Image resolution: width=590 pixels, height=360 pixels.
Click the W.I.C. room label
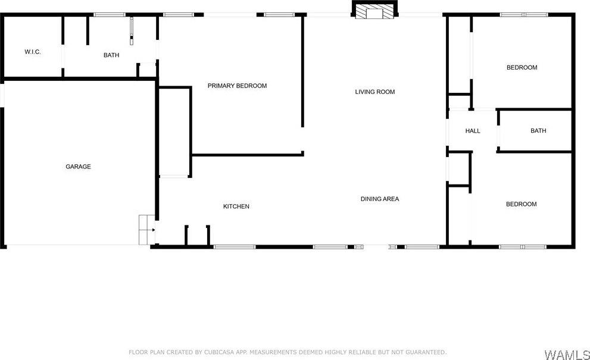(x=32, y=52)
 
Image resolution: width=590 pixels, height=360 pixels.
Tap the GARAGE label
(x=78, y=167)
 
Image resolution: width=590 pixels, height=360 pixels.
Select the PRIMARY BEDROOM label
(x=237, y=86)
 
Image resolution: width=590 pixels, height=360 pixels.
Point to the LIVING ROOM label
(x=375, y=92)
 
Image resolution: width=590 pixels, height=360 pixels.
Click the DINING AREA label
(x=379, y=199)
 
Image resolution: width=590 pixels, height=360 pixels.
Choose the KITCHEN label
(x=236, y=206)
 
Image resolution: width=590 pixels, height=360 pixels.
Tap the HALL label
(x=473, y=131)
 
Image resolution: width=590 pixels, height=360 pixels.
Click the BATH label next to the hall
(x=538, y=131)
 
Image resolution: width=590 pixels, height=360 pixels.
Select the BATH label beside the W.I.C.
(x=111, y=55)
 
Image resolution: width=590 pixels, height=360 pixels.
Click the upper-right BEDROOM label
(x=522, y=67)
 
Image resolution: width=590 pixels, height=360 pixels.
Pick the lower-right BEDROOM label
(x=521, y=204)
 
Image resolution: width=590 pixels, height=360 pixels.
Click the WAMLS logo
(x=566, y=355)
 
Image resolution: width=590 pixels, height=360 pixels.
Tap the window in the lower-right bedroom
(x=522, y=246)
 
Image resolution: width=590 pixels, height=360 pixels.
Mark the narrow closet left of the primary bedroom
(x=174, y=132)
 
